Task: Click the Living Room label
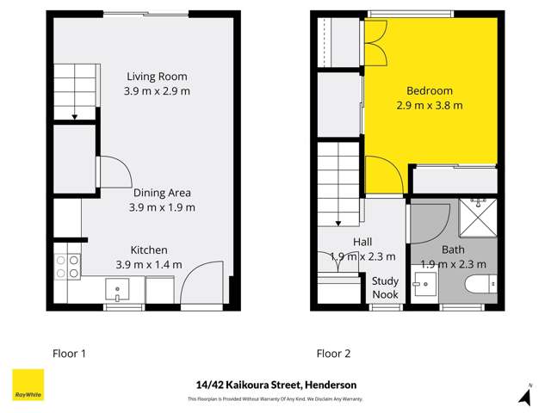[157, 77]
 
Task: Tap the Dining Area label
[162, 193]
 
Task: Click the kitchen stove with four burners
[66, 265]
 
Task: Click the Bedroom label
[430, 91]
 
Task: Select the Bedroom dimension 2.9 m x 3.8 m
[430, 106]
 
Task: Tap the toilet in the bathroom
[480, 286]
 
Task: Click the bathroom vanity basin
[425, 284]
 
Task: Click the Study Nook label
[385, 287]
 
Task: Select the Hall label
[362, 242]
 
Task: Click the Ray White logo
[28, 385]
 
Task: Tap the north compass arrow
[524, 396]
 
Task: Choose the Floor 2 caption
[334, 353]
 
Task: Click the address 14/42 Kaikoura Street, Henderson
[275, 385]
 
